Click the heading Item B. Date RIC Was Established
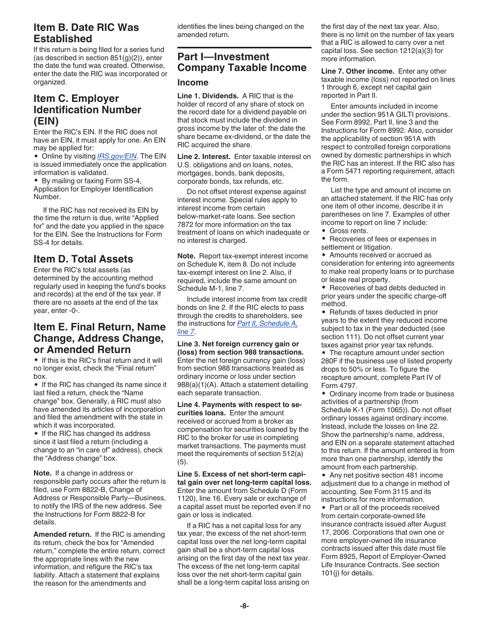click(x=86, y=33)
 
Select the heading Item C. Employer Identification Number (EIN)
click(x=87, y=110)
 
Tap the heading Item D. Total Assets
click(x=83, y=259)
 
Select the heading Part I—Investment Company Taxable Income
click(x=241, y=62)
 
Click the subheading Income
click(x=193, y=82)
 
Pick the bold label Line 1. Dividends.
click(x=207, y=96)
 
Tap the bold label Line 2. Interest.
click(x=204, y=156)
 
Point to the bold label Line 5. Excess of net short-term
click(x=244, y=478)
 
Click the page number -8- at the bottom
click(x=244, y=606)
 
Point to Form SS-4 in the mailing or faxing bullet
click(x=125, y=181)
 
